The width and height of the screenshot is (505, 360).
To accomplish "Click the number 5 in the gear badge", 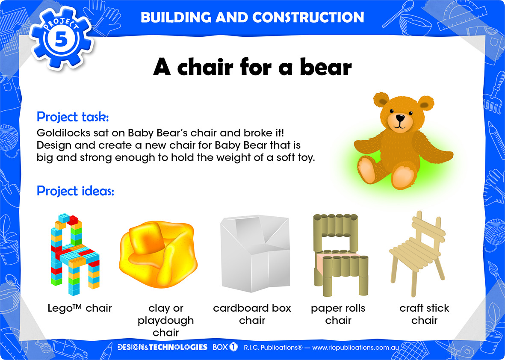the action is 61,40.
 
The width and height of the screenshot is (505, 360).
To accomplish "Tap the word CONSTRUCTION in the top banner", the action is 308,18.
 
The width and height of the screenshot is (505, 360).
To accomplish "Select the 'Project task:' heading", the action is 73,117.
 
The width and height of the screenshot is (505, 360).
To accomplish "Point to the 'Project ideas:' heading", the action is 75,191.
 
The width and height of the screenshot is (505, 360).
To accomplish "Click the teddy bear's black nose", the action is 400,118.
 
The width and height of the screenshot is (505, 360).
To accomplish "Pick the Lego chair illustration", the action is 75,254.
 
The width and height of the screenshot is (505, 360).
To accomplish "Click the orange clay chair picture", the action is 159,254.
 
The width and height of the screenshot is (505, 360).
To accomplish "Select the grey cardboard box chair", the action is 255,254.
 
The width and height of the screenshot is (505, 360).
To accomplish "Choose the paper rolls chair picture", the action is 340,254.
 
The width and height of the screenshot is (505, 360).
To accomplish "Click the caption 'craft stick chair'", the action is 424,314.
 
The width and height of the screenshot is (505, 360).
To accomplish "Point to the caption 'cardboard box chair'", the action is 252,314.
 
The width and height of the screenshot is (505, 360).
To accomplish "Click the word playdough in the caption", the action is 165,321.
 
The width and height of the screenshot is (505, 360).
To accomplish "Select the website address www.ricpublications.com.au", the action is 356,348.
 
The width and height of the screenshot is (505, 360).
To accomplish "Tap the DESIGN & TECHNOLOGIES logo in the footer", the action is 162,347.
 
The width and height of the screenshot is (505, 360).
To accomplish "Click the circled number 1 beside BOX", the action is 233,347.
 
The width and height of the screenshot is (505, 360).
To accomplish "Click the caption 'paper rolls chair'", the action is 338,314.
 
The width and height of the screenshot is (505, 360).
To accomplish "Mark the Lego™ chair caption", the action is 80,308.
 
